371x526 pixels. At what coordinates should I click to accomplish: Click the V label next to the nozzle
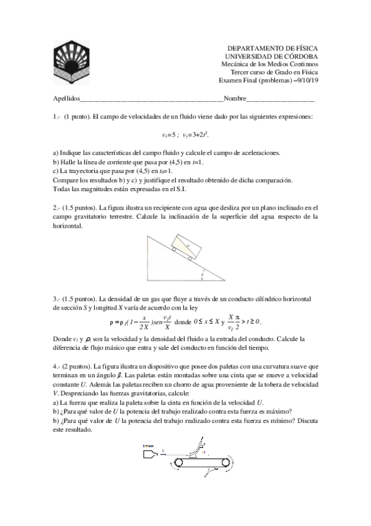[x=162, y=451]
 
